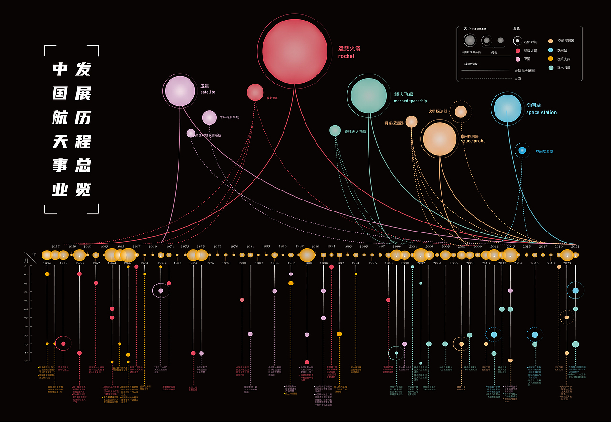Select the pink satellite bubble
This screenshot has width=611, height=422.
pyautogui.click(x=180, y=91)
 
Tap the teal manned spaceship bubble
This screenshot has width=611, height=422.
pyautogui.click(x=369, y=95)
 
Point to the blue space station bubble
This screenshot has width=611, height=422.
pyautogui.click(x=508, y=108)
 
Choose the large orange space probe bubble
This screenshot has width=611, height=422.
pyautogui.click(x=440, y=139)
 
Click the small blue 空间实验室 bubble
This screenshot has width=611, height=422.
pyautogui.click(x=522, y=151)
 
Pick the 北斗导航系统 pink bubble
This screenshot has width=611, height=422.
pyautogui.click(x=209, y=117)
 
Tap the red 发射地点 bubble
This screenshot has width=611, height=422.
pyautogui.click(x=255, y=93)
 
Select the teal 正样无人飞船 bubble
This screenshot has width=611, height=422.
pyautogui.click(x=335, y=130)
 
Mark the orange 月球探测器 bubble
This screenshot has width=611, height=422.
pyautogui.click(x=411, y=122)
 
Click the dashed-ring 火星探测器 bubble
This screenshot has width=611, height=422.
pyautogui.click(x=461, y=112)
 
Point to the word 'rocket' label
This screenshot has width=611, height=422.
pyautogui.click(x=347, y=56)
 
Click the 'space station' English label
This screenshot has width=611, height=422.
pyautogui.click(x=541, y=113)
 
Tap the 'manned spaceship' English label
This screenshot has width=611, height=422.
pyautogui.click(x=410, y=101)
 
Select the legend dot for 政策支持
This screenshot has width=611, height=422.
pyautogui.click(x=551, y=59)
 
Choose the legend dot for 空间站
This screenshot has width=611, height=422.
pyautogui.click(x=551, y=50)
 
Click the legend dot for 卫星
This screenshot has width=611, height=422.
pyautogui.click(x=517, y=59)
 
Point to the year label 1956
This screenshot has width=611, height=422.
pyautogui.click(x=47, y=263)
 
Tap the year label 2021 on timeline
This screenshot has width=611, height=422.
pyautogui.click(x=575, y=246)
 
